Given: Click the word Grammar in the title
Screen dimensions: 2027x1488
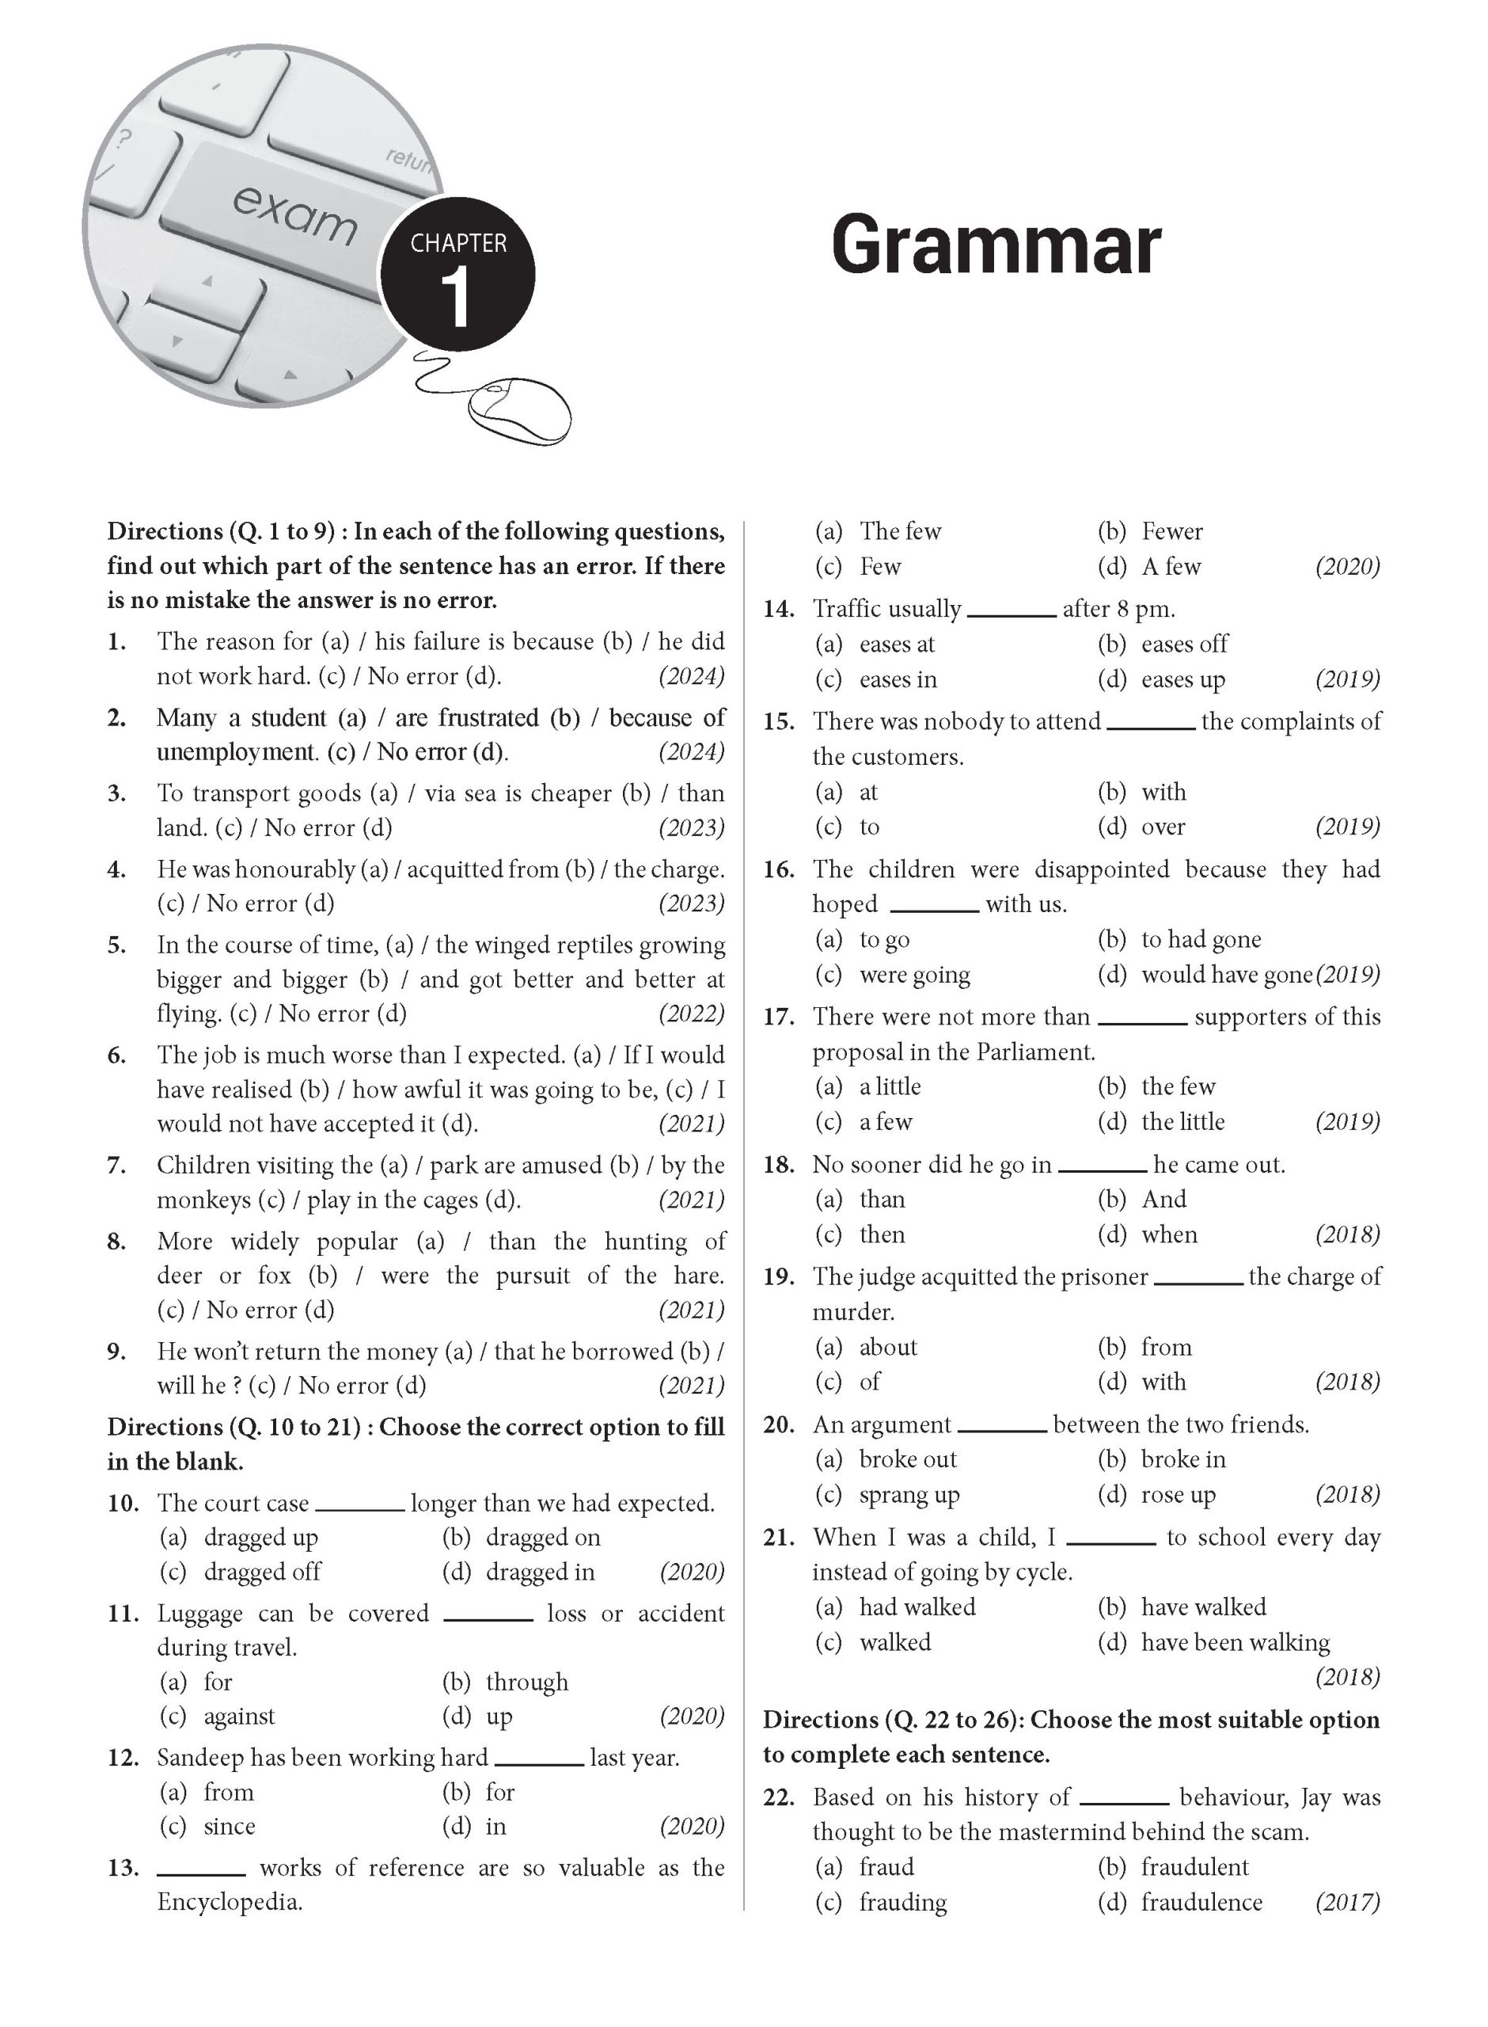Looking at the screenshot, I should tap(996, 246).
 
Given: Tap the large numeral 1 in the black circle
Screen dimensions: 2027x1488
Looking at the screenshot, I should tap(458, 299).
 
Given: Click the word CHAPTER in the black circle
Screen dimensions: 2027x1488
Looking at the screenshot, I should tap(458, 243).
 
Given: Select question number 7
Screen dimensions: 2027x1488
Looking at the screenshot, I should tap(116, 1166).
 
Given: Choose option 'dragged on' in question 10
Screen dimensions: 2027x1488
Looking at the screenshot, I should tap(542, 1538).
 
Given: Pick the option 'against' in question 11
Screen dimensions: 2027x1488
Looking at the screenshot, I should tap(239, 1716).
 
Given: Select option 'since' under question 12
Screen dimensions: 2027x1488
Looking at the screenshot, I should tap(229, 1826).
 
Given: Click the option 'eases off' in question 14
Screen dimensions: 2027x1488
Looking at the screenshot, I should tap(1183, 645).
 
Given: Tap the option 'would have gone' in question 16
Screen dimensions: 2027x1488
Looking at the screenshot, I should tap(1226, 975).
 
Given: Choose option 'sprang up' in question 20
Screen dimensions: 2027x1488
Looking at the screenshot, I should tap(909, 1495).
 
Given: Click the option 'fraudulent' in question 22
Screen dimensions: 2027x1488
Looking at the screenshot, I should tap(1194, 1868).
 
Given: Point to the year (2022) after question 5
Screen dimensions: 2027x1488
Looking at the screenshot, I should tap(691, 1013).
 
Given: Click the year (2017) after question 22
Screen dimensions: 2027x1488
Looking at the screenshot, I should tap(1346, 1903).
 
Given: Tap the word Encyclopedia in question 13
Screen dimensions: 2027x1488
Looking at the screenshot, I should tap(229, 1903).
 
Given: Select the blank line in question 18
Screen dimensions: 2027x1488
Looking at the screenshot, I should tap(1103, 1170).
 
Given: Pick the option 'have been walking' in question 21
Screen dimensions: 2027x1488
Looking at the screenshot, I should tap(1235, 1642).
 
